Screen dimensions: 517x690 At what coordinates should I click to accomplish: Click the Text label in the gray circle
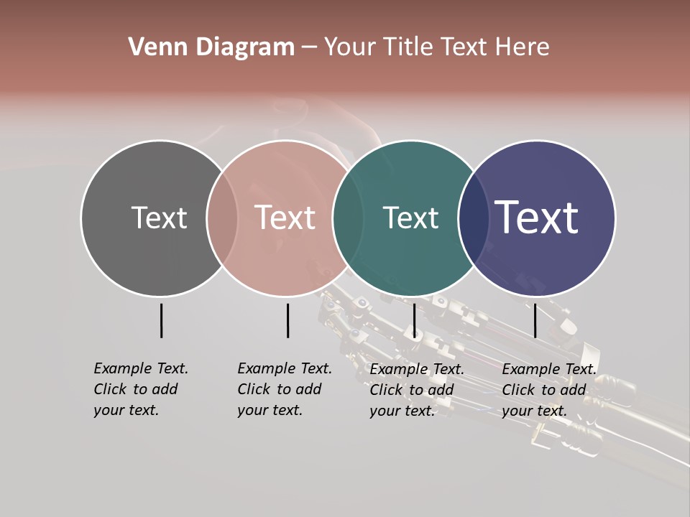[159, 218]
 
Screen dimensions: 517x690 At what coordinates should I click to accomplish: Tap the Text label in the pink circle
[285, 218]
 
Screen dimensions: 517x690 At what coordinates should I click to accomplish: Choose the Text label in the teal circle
[410, 218]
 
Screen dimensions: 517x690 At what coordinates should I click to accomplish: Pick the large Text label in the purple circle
[537, 218]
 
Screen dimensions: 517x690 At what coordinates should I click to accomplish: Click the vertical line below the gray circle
[161, 320]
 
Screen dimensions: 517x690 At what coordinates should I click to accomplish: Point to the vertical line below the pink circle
[287, 320]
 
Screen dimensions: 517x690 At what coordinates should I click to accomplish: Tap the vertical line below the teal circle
[414, 320]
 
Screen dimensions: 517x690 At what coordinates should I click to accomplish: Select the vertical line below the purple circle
[535, 320]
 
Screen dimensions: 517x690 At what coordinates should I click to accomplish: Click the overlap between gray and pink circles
[222, 218]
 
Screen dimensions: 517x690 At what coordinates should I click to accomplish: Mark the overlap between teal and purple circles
[471, 218]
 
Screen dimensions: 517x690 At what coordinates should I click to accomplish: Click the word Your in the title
[350, 47]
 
